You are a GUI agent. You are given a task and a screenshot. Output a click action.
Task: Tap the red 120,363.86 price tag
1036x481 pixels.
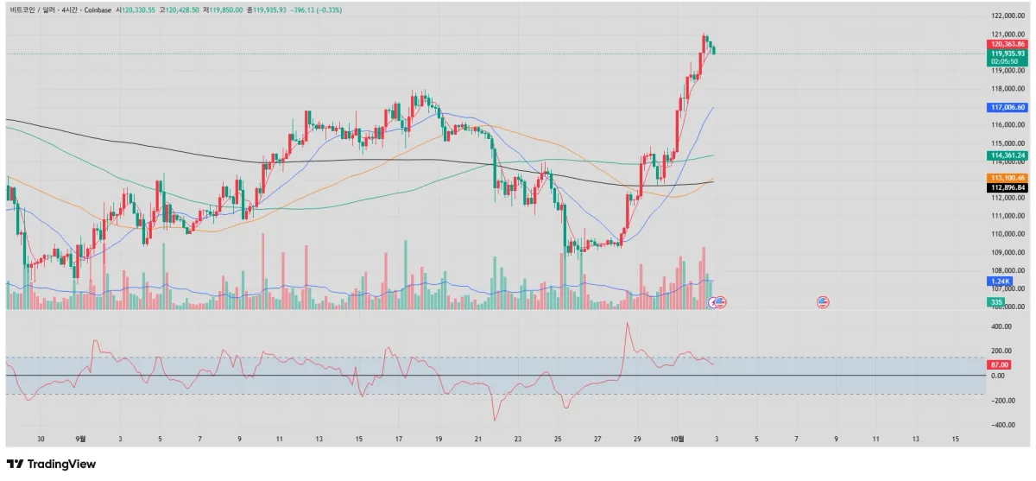tap(1008, 44)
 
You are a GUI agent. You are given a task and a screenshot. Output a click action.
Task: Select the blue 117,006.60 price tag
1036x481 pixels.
tap(1008, 107)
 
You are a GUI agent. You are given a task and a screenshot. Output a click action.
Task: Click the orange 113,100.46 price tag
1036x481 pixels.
tap(1008, 177)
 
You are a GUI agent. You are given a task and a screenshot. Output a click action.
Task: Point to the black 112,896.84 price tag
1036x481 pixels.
tap(1008, 187)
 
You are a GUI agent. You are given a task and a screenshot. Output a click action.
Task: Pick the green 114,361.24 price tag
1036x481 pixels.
tap(1008, 155)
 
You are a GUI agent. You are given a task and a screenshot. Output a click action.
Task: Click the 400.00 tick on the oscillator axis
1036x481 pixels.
tap(1002, 327)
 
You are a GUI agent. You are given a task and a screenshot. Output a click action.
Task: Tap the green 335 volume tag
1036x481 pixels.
tap(997, 301)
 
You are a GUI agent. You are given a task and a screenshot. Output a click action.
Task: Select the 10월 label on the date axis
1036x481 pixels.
tap(678, 439)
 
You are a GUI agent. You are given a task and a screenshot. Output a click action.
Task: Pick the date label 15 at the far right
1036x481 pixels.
tap(955, 439)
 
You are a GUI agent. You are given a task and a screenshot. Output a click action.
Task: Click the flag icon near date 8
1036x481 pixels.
tap(823, 302)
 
